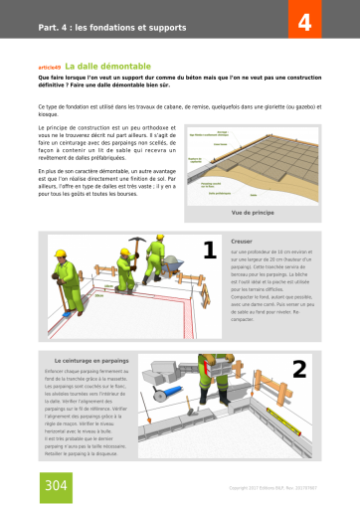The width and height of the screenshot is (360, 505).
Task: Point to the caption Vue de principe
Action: (251, 212)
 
